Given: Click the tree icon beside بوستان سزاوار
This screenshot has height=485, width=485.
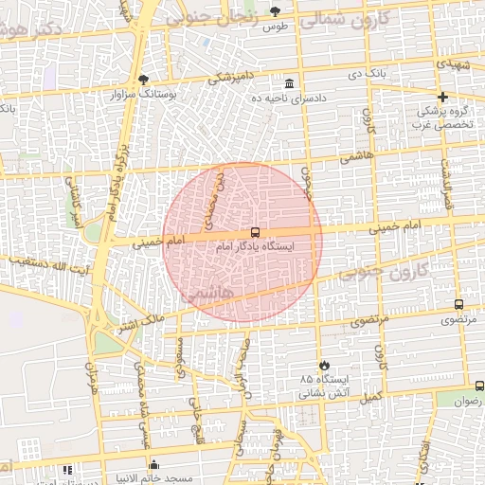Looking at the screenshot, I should click(143, 80).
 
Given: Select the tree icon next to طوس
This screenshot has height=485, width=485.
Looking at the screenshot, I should click(276, 11).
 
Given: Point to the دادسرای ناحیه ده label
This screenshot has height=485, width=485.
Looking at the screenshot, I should click(289, 98).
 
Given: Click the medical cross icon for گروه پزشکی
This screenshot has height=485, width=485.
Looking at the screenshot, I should click(442, 97).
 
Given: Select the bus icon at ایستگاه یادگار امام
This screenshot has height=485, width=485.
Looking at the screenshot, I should click(255, 232).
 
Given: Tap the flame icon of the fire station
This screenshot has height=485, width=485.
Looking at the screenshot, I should click(324, 366).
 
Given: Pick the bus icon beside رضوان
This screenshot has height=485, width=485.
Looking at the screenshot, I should click(479, 386).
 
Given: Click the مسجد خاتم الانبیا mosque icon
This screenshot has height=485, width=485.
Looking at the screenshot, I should click(153, 465).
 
